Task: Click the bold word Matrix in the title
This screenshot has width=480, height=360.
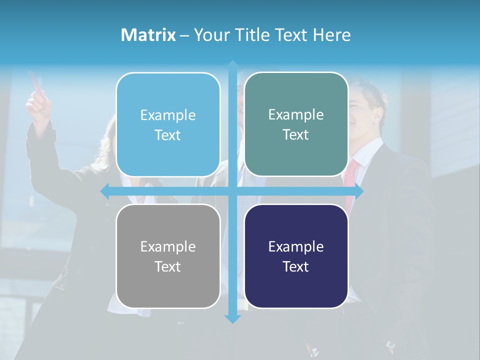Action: tap(148, 35)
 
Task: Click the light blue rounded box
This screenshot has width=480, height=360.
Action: tap(168, 124)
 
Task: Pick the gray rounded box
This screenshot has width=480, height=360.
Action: tap(168, 256)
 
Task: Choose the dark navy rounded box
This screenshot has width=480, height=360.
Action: tap(296, 256)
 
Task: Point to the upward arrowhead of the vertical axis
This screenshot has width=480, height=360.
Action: tap(232, 65)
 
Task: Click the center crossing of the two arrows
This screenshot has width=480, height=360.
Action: tap(232, 191)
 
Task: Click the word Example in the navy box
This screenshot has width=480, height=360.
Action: tap(296, 246)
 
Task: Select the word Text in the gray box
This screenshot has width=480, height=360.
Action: tap(167, 266)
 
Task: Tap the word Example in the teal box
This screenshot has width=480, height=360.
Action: tap(296, 114)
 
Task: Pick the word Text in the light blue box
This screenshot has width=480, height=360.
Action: tap(167, 135)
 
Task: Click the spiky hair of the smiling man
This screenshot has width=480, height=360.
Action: tap(370, 92)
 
